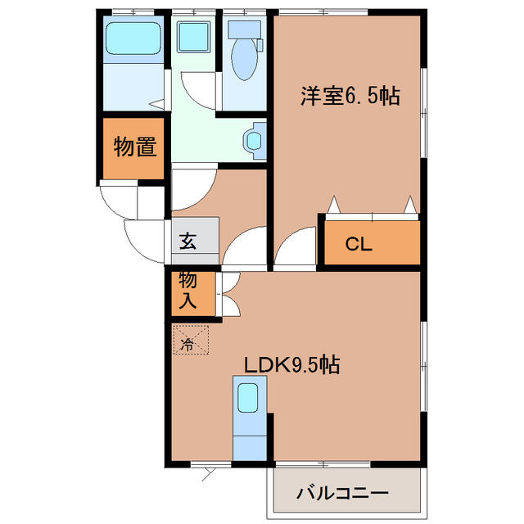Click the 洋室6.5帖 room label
pyautogui.click(x=349, y=97)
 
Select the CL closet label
pyautogui.click(x=359, y=243)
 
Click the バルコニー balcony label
pyautogui.click(x=342, y=494)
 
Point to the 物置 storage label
pyautogui.click(x=135, y=148)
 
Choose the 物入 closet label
pyautogui.click(x=188, y=291)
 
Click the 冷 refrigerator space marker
pyautogui.click(x=189, y=344)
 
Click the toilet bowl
pyautogui.click(x=244, y=57)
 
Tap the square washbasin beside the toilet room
pyautogui.click(x=194, y=37)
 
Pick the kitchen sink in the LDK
pyautogui.click(x=248, y=399)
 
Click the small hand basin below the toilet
pyautogui.click(x=255, y=139)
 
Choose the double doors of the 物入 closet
pyautogui.click(x=230, y=293)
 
